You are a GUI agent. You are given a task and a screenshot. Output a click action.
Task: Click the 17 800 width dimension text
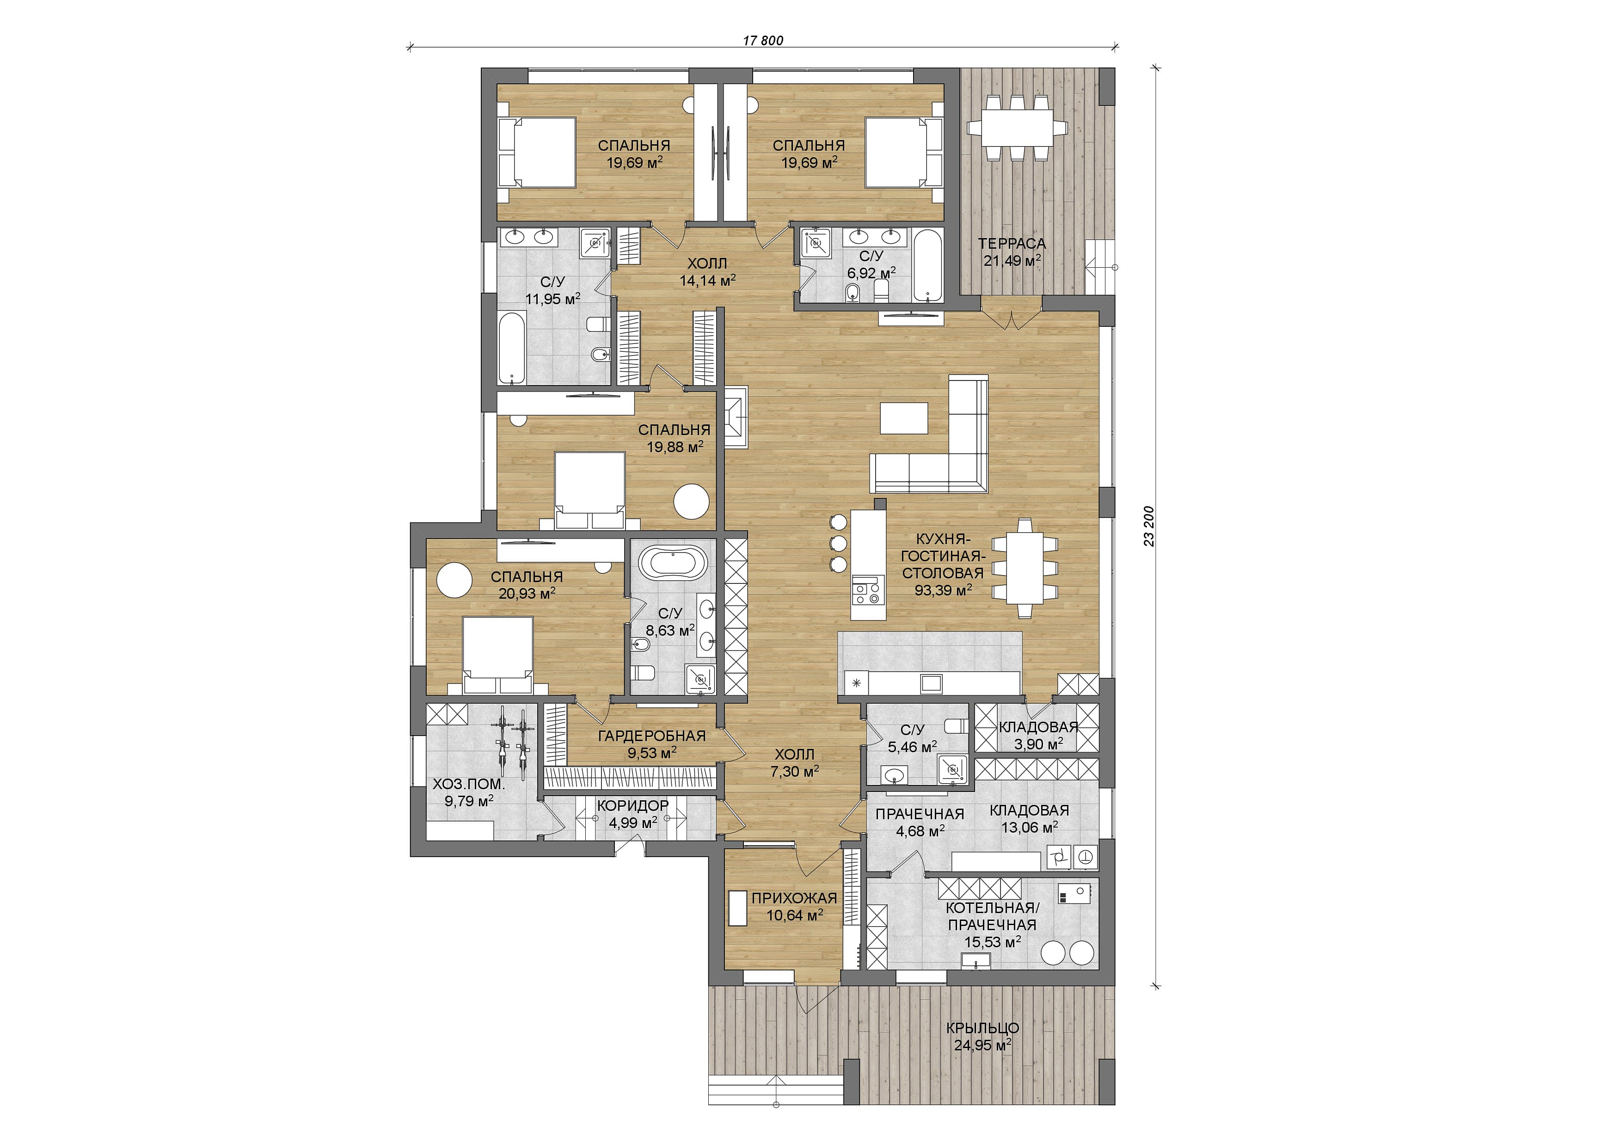763,40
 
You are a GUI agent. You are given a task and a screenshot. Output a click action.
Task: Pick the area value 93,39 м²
944,590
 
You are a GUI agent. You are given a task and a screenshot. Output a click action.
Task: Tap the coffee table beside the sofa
904,418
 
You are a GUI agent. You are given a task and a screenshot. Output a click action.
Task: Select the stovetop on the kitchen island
868,590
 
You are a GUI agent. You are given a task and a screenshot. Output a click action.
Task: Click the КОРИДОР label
633,806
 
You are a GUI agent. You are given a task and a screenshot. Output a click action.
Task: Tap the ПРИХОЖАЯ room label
794,898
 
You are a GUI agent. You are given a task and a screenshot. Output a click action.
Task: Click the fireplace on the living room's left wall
733,419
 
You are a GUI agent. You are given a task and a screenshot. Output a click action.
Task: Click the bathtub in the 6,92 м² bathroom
927,265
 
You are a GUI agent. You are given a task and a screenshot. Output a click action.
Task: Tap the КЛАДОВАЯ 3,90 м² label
1038,735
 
